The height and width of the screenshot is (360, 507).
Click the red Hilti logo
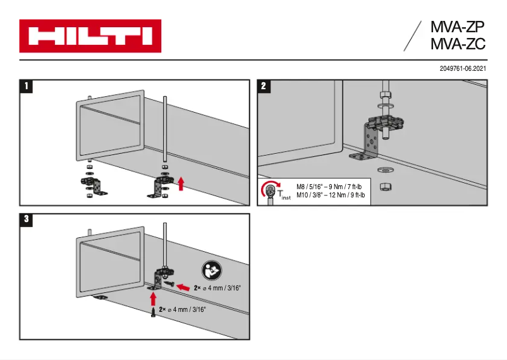click(90, 36)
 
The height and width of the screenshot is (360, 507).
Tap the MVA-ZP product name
click(457, 28)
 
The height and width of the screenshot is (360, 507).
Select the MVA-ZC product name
click(457, 44)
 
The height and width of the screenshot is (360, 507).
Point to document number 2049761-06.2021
click(463, 68)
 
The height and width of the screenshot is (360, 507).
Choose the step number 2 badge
click(264, 87)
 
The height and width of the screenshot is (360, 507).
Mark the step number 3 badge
click(26, 220)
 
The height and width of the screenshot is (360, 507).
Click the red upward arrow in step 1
click(181, 184)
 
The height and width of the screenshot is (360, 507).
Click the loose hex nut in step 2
click(382, 186)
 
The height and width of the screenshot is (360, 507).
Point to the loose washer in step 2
click(383, 170)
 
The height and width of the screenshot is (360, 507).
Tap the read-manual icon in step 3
click(211, 271)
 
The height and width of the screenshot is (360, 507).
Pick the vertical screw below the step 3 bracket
click(154, 313)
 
